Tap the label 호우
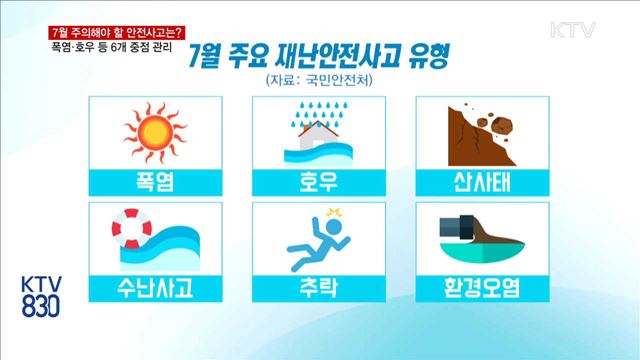pyautogui.click(x=319, y=181)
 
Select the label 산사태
pyautogui.click(x=479, y=181)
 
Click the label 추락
pyautogui.click(x=319, y=288)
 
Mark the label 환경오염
pyautogui.click(x=479, y=288)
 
